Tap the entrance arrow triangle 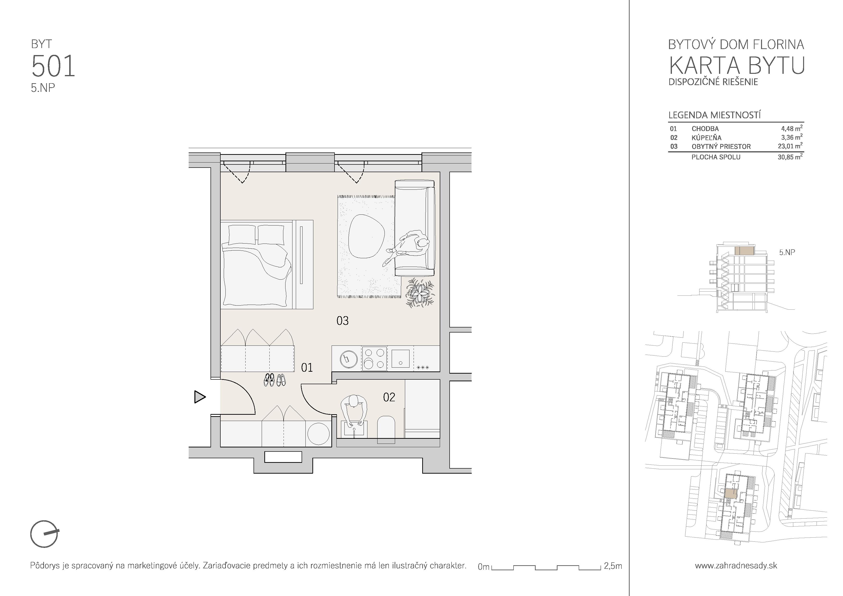[x=200, y=397]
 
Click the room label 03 [x=342, y=320]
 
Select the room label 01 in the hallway [x=307, y=367]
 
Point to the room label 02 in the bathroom [x=389, y=397]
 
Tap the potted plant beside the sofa [x=419, y=293]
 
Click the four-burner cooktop [x=374, y=358]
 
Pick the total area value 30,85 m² [x=790, y=157]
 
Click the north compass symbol [x=44, y=533]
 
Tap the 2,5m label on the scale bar [x=613, y=566]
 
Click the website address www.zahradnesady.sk [x=736, y=565]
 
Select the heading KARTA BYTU [x=736, y=66]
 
